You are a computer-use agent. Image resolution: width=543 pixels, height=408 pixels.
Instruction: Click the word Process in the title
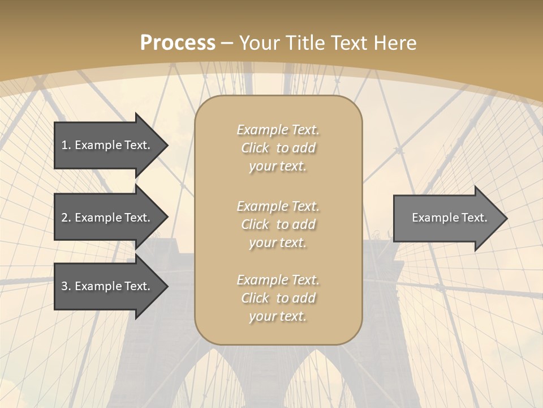click(178, 43)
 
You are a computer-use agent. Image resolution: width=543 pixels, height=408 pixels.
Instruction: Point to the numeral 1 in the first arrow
click(65, 145)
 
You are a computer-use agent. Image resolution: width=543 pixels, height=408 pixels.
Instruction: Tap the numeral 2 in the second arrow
click(65, 218)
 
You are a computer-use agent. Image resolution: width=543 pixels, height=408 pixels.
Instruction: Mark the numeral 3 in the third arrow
click(65, 286)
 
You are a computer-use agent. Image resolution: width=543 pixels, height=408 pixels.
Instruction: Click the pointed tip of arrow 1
click(166, 145)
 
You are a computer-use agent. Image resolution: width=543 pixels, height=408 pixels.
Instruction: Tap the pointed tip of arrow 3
click(166, 286)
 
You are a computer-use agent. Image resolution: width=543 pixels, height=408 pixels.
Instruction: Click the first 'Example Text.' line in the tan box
click(278, 130)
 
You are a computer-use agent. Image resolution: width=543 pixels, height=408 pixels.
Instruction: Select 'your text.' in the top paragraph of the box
click(278, 166)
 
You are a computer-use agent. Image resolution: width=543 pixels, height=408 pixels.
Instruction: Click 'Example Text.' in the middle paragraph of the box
click(278, 206)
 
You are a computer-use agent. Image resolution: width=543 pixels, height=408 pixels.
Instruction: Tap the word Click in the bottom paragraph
click(255, 298)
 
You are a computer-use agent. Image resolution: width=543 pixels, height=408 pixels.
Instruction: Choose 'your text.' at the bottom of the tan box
click(278, 316)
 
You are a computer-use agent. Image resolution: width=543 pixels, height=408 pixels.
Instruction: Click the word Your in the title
click(258, 43)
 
